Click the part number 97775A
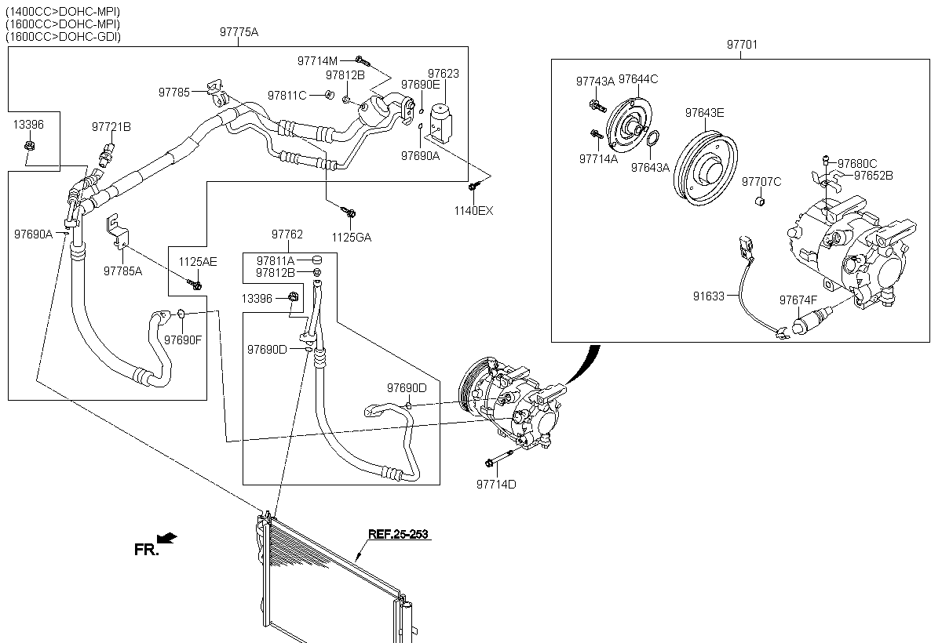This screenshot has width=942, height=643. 239,32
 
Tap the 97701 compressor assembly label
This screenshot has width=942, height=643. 743,45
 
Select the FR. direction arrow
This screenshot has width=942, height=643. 167,538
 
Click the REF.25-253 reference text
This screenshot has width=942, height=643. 398,534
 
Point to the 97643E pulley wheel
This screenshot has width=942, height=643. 705,168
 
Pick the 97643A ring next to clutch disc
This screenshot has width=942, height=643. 652,138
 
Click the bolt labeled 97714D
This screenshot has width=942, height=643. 499,458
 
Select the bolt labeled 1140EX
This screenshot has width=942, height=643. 474,186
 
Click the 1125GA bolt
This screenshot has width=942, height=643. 349,211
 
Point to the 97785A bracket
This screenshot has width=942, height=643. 117,231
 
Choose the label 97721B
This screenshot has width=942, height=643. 111,127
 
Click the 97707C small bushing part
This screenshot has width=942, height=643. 761,201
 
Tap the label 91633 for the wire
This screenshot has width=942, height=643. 709,296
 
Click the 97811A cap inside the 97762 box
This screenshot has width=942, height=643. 317,260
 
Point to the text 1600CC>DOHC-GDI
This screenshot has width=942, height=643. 63,37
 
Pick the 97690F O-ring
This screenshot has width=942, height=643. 181,314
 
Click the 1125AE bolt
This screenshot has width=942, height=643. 195,285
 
